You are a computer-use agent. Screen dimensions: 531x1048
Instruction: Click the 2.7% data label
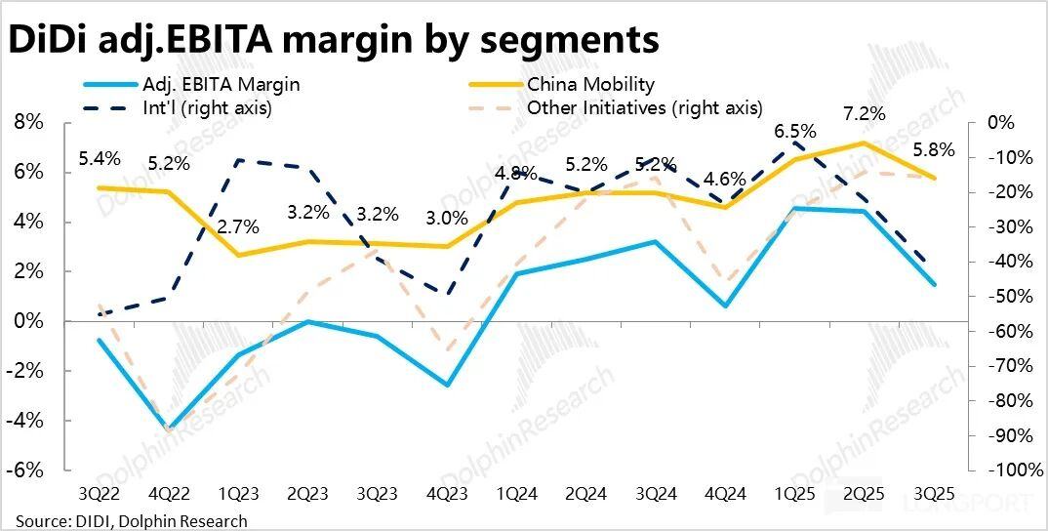click(x=237, y=227)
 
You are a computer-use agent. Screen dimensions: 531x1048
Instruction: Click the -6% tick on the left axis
click(x=28, y=470)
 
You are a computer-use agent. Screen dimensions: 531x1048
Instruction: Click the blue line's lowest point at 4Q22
click(x=170, y=429)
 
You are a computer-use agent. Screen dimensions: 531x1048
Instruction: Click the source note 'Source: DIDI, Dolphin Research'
click(x=131, y=521)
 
